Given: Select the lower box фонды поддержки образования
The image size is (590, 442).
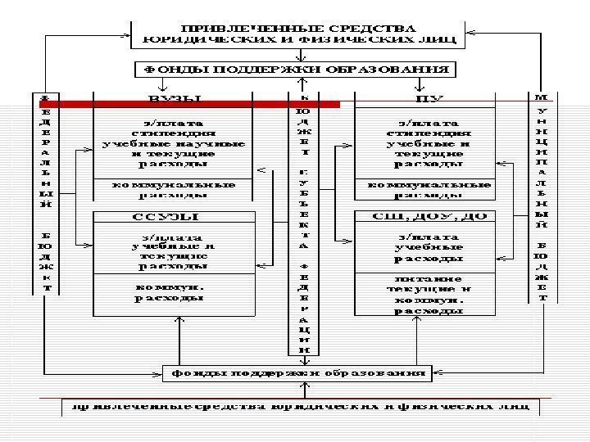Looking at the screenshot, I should click(x=298, y=374).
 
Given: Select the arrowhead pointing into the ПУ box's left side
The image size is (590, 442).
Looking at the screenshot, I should click(x=350, y=147).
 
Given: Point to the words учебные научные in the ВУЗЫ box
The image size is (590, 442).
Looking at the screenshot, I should click(x=174, y=142).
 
